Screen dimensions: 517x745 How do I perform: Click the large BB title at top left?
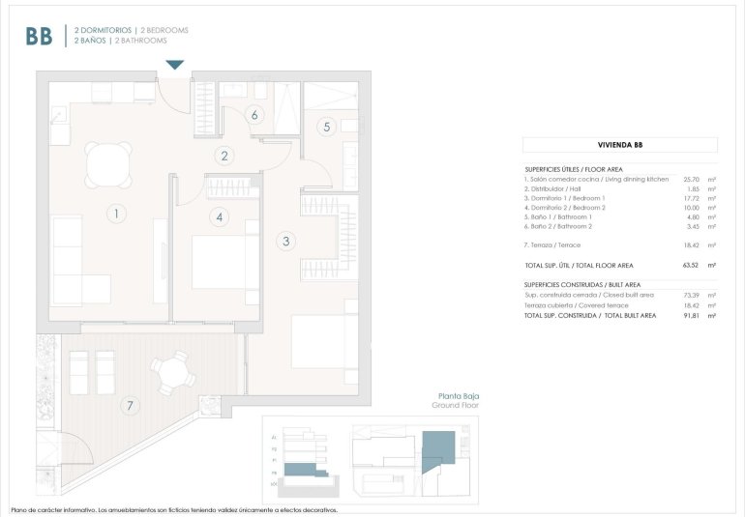(x=39, y=36)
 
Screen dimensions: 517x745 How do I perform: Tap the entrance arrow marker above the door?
(x=174, y=65)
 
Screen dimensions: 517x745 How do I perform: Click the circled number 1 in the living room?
(x=115, y=214)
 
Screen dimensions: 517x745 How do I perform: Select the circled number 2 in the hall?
(x=224, y=156)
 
